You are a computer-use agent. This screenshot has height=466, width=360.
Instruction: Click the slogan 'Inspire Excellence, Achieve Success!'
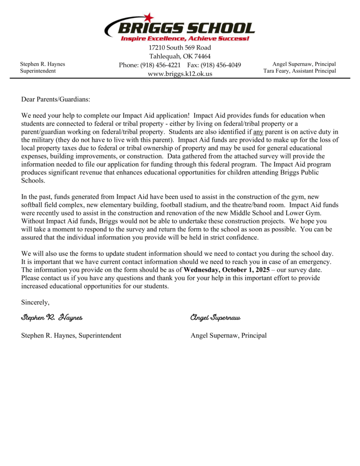(x=185, y=39)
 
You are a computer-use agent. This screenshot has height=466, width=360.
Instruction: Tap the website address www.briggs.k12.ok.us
(x=180, y=74)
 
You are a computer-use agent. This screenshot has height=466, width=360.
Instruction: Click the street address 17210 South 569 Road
(x=180, y=48)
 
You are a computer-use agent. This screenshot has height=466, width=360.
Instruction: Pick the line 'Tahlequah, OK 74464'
(x=180, y=56)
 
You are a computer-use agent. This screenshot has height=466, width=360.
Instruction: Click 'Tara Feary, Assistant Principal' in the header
(x=299, y=71)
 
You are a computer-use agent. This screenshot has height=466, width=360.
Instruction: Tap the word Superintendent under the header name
(x=38, y=71)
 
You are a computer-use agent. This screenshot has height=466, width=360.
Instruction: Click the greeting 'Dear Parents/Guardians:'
(x=56, y=99)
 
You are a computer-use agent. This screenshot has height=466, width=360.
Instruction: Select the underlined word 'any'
(x=258, y=132)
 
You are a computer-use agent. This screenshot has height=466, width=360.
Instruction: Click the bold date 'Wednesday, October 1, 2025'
(x=226, y=269)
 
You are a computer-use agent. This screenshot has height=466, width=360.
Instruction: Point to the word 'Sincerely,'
(x=35, y=302)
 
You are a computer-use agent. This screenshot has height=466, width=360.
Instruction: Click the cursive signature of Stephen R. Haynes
(x=51, y=317)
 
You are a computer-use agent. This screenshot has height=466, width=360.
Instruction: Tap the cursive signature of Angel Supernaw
(x=215, y=317)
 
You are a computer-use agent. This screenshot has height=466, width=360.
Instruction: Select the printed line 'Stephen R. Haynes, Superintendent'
(x=71, y=336)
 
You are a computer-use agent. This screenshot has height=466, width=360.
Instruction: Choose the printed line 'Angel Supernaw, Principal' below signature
(x=228, y=336)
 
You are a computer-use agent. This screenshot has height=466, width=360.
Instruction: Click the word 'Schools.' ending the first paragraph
(x=33, y=180)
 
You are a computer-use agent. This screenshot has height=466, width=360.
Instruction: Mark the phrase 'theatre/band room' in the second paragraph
(x=259, y=205)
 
